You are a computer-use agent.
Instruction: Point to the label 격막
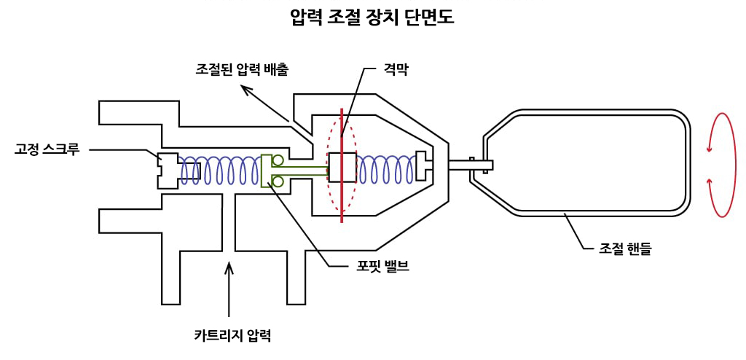399,69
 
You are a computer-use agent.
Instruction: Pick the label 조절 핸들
624,248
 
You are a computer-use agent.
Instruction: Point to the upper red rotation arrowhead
710,147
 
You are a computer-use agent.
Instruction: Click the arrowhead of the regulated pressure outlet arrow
247,90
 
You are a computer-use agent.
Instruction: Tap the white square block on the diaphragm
342,167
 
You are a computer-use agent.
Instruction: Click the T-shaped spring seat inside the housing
424,165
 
